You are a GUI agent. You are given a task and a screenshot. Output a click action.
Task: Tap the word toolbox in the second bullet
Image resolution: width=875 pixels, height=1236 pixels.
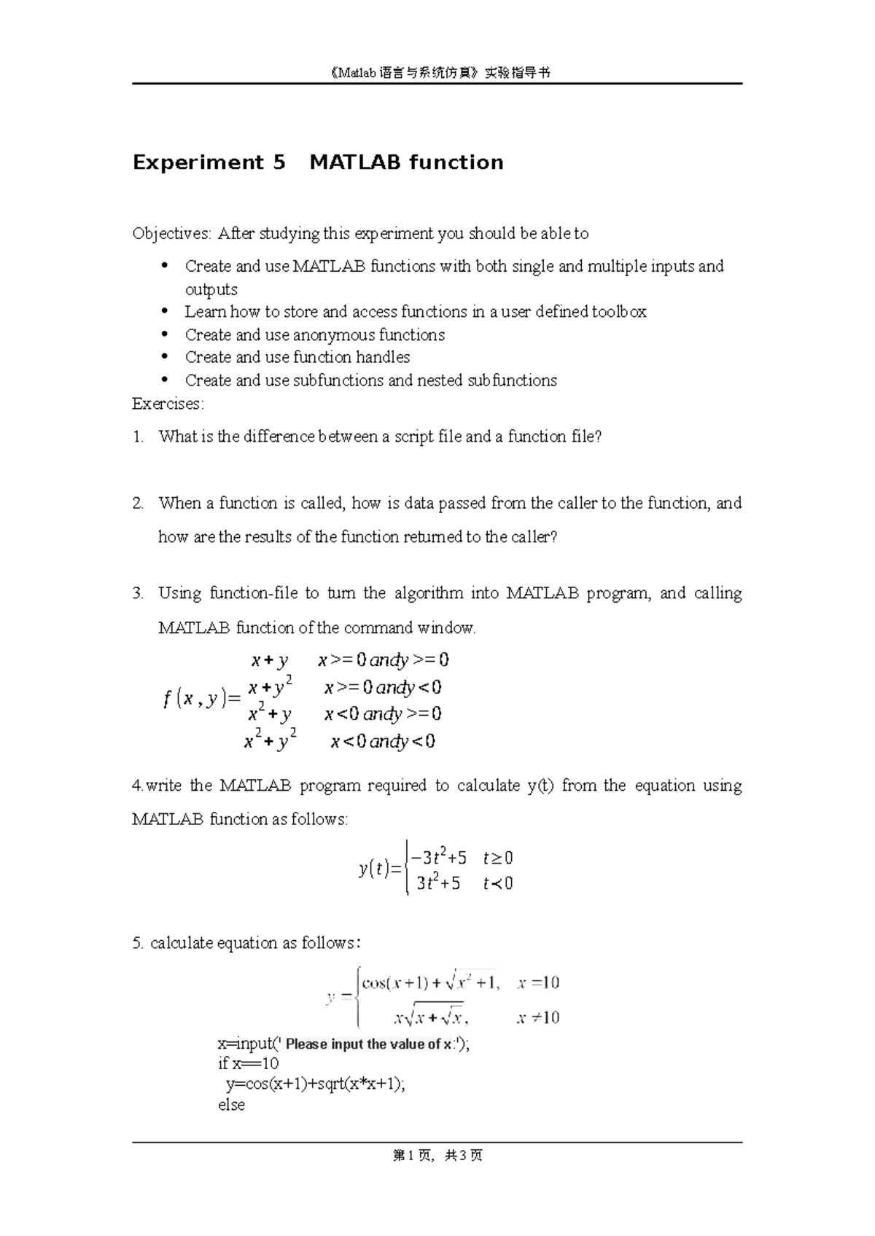(x=619, y=312)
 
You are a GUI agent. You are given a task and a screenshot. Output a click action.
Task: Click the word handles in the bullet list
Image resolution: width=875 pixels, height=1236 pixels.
(x=383, y=357)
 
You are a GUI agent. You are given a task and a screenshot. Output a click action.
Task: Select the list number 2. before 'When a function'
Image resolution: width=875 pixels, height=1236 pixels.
(x=138, y=503)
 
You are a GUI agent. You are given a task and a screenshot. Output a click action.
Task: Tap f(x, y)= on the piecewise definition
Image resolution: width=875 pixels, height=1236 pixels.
(x=202, y=700)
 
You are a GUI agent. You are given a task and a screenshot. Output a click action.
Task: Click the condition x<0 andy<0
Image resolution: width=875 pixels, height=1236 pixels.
(x=383, y=742)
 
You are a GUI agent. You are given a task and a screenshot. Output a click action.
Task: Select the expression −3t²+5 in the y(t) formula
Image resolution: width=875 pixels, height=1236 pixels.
(x=438, y=857)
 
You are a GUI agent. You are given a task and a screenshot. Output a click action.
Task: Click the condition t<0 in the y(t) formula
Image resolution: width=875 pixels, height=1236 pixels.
(x=498, y=883)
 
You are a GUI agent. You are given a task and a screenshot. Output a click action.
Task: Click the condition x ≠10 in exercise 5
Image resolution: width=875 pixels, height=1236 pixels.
(x=537, y=1017)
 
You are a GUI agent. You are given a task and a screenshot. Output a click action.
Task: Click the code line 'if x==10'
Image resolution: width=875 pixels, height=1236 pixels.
(x=248, y=1063)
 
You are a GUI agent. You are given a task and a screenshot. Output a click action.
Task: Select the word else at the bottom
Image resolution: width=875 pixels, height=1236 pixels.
(x=231, y=1105)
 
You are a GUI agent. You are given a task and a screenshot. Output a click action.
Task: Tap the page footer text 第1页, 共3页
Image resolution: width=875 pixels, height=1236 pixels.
(x=437, y=1155)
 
